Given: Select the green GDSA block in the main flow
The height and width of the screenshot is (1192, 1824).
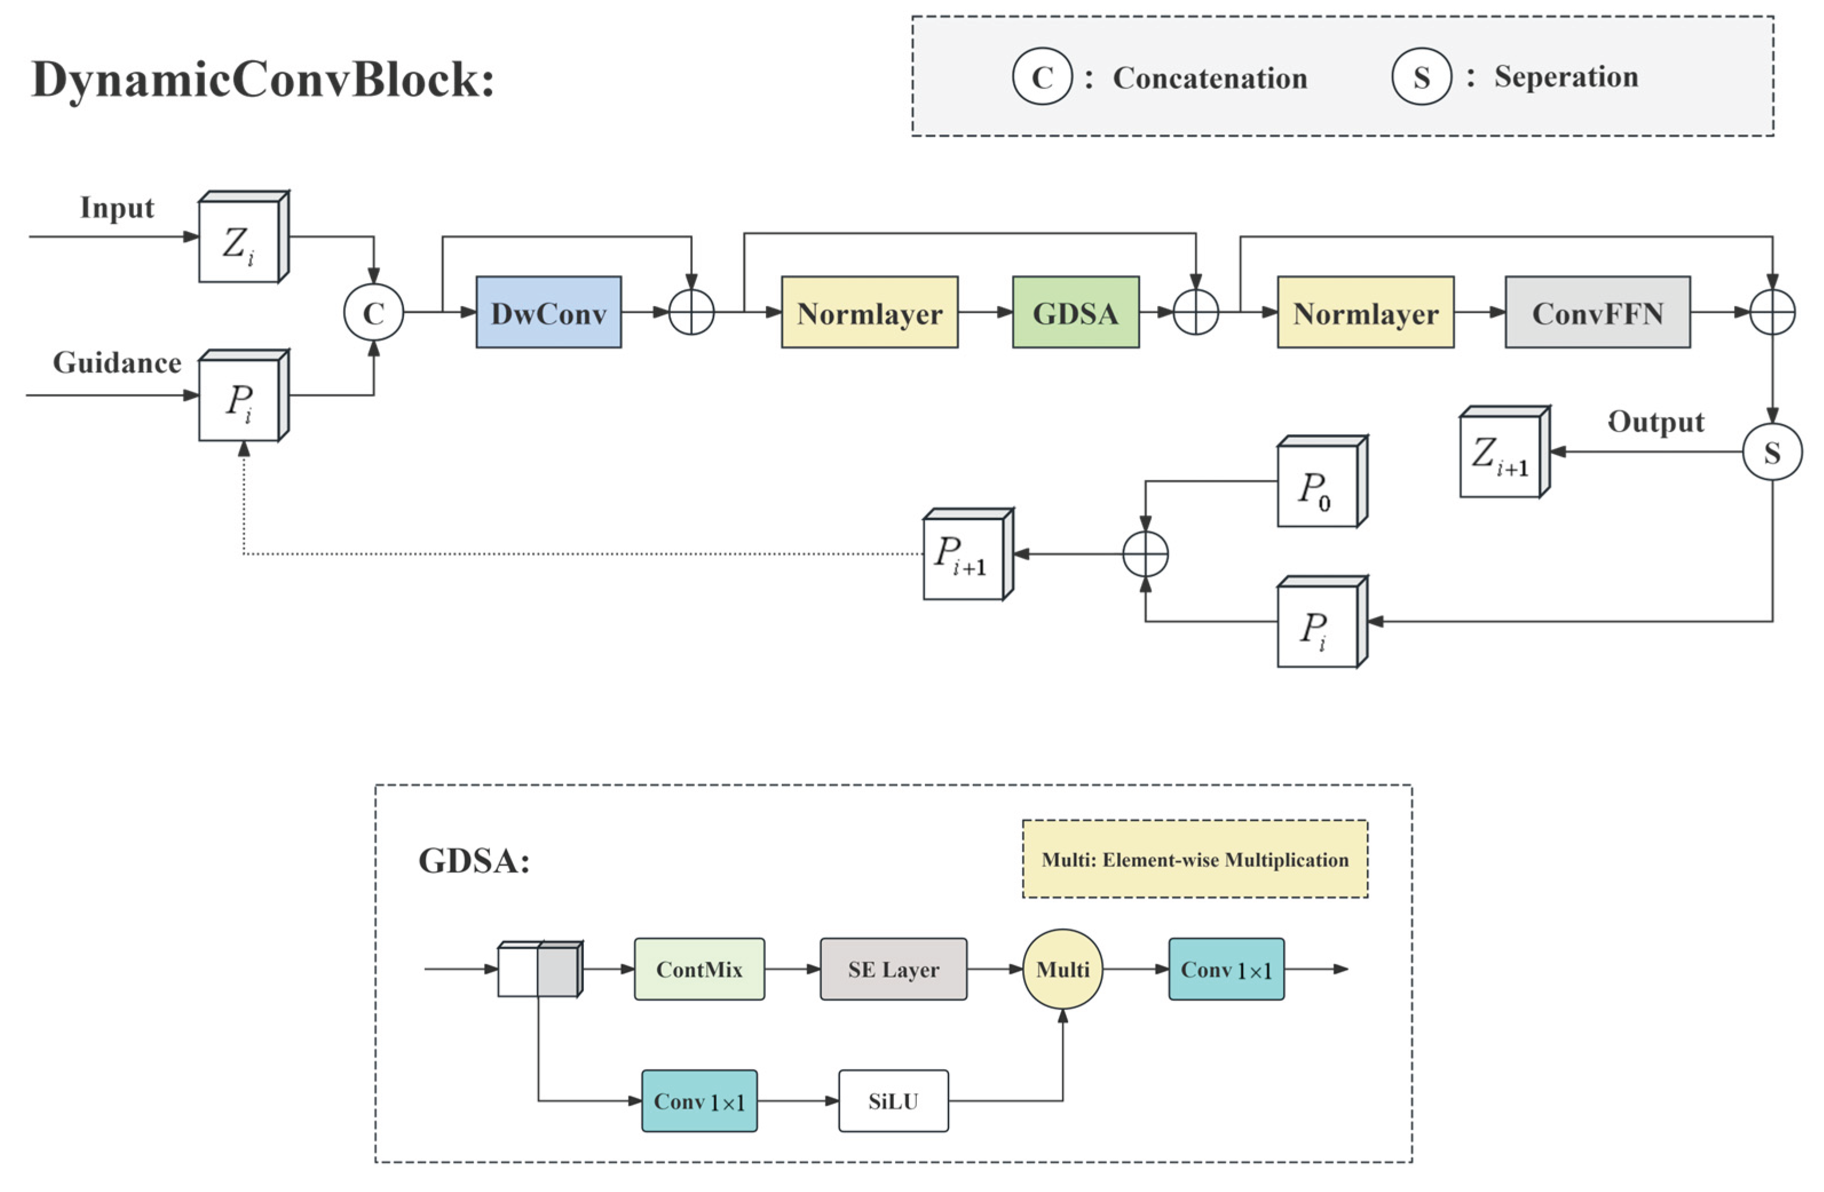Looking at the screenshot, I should coord(1075,312).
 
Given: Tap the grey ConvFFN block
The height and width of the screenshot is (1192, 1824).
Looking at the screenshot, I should coord(1597,312).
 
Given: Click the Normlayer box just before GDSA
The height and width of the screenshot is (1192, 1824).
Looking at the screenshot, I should coord(869,312).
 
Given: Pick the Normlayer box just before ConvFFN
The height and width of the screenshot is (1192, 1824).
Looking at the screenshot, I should coord(1365,312).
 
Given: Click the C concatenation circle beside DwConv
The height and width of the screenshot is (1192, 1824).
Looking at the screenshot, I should coord(373,312).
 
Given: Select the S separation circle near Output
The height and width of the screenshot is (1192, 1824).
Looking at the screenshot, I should coord(1772,452).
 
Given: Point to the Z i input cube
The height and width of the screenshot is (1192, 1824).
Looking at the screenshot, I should coord(240,241).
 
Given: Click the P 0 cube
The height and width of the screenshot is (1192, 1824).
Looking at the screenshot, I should coord(1317,486).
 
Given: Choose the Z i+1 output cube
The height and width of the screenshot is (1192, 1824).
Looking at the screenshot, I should coord(1500,456).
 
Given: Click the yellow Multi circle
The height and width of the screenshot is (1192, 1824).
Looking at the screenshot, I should coord(1062,969).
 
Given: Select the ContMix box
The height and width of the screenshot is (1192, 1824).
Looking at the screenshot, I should coord(699,969).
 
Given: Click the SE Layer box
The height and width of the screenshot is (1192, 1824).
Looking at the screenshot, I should coord(893,969).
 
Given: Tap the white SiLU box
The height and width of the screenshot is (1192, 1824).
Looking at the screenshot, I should coord(893,1101).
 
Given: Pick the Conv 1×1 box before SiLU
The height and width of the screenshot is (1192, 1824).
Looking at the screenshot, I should coord(699,1101).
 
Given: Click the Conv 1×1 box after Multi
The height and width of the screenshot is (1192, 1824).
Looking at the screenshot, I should coord(1226,969).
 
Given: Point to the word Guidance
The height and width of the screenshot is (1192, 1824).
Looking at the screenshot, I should coord(117,363).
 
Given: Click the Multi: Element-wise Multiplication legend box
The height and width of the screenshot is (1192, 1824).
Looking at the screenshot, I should coord(1195,859).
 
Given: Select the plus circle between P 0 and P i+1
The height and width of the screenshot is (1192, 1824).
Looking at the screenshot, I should coord(1145,554).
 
